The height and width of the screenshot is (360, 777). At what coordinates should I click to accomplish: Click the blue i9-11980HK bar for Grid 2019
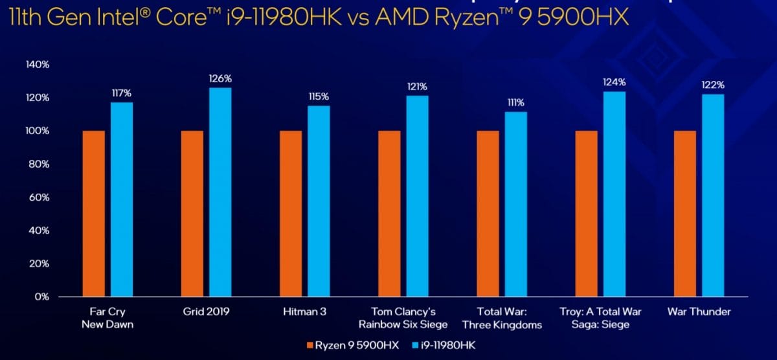click(x=220, y=192)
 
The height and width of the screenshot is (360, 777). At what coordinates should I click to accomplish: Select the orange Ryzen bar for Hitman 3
click(x=291, y=214)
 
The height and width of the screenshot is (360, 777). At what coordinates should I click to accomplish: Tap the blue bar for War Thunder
click(x=713, y=196)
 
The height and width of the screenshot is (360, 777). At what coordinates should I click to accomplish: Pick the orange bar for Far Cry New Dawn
click(x=94, y=214)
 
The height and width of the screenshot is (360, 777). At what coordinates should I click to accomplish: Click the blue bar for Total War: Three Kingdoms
click(x=516, y=204)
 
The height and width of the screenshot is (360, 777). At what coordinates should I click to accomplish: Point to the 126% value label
click(x=220, y=78)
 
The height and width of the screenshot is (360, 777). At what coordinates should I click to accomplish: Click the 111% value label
click(x=516, y=102)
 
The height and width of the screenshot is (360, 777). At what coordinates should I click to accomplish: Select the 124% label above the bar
click(x=614, y=82)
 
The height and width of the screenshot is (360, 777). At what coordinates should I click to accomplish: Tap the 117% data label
click(x=122, y=93)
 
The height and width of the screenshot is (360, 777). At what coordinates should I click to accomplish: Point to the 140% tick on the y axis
click(x=38, y=64)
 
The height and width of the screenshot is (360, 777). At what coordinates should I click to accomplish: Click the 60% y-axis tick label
click(x=39, y=197)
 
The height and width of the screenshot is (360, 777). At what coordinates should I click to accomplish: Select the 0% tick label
click(x=42, y=297)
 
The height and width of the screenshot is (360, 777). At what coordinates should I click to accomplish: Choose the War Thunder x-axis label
click(x=699, y=311)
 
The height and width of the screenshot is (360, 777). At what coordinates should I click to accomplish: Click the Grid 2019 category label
click(x=206, y=311)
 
